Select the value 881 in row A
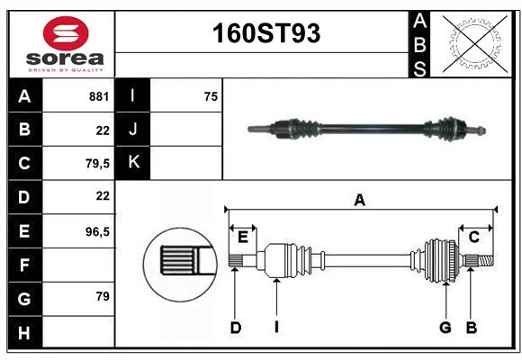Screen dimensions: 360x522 click(x=99, y=95)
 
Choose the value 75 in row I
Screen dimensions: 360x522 click(x=211, y=95)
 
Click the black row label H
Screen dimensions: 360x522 click(x=24, y=332)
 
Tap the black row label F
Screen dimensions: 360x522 click(x=24, y=265)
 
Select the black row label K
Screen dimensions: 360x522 click(x=133, y=163)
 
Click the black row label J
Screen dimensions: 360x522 click(x=133, y=130)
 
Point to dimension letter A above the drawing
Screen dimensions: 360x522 click(x=359, y=200)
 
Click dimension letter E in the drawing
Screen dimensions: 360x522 click(x=243, y=237)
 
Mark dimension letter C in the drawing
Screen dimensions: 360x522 click(x=473, y=237)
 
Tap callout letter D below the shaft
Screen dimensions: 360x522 click(x=235, y=328)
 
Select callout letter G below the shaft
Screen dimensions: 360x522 click(x=445, y=328)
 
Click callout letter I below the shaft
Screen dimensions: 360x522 click(x=276, y=328)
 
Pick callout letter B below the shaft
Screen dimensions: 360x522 click(x=471, y=328)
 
